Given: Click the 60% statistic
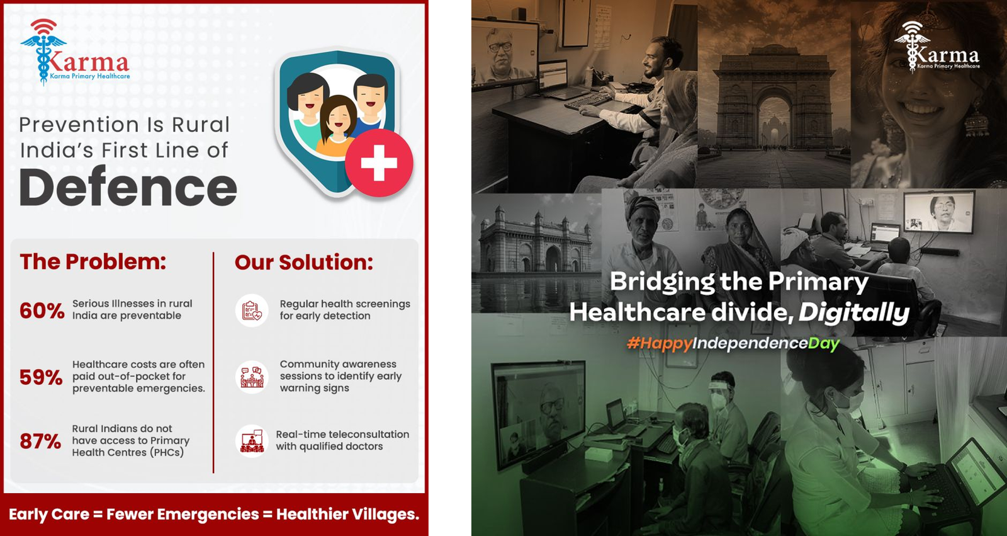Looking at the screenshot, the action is coord(42,311).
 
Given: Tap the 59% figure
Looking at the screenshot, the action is coord(41,377).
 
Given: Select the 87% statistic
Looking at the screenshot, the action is coord(40,441).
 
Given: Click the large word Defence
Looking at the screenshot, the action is coord(128,186).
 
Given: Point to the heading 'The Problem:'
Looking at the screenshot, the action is coord(93,261).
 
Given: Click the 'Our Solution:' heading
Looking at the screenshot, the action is coord(304,263).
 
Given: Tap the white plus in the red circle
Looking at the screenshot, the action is coord(379,163).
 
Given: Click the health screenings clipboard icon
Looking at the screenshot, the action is coord(252,311).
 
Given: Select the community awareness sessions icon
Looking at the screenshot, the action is coord(252,377).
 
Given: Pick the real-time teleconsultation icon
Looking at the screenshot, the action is coord(252,441).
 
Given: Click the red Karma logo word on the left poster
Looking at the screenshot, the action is coord(89,62).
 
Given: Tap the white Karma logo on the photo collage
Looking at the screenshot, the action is coord(937,47).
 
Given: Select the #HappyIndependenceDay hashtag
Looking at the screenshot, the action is coord(733,344).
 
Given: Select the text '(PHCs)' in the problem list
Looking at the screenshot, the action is coord(167,452).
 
